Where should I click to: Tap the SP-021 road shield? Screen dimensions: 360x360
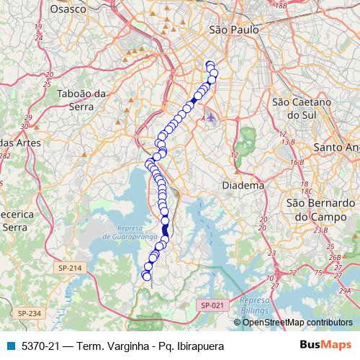coord(212,305)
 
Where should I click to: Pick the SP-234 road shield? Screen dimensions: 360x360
coord(30,313)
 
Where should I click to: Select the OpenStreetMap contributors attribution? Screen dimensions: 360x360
coord(297,322)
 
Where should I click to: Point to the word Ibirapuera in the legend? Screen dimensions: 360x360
coord(198,346)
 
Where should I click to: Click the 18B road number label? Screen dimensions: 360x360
coord(281,6)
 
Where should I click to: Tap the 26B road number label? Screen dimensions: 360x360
coord(333,256)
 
